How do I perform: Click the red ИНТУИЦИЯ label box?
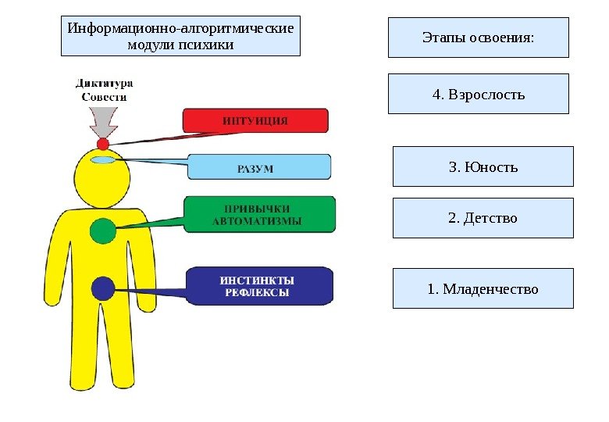point(255,120)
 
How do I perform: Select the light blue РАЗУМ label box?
point(258,166)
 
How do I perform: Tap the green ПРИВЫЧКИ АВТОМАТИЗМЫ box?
point(260,214)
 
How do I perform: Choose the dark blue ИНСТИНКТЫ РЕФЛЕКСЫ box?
point(259,286)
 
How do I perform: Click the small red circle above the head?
point(103,144)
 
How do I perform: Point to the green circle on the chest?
point(103,231)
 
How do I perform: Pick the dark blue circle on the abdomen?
point(103,289)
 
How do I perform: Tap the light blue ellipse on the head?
point(103,160)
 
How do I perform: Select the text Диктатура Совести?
point(104,90)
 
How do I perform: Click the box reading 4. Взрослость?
point(479,95)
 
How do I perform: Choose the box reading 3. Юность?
point(483,166)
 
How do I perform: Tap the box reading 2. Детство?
point(483,218)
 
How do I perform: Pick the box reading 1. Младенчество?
point(483,289)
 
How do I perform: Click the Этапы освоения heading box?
point(479,38)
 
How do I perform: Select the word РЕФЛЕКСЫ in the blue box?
point(257,293)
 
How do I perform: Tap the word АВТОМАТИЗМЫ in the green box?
point(257,221)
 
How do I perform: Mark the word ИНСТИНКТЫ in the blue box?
point(257,280)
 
